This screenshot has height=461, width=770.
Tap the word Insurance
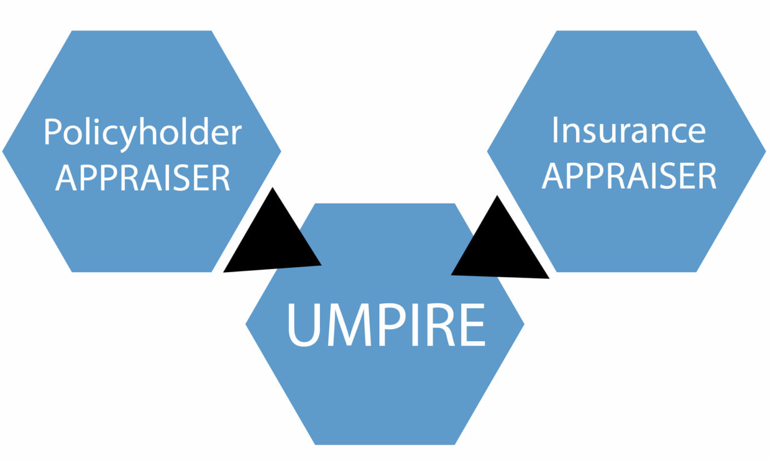pyautogui.click(x=629, y=131)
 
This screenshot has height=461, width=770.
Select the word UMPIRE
pyautogui.click(x=387, y=325)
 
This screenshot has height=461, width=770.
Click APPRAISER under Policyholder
pyautogui.click(x=142, y=177)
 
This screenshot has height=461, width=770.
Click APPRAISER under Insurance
pyautogui.click(x=629, y=175)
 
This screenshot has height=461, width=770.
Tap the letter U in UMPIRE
pyautogui.click(x=304, y=325)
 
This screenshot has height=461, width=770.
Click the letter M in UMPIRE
pyautogui.click(x=349, y=325)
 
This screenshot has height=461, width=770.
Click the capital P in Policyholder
pyautogui.click(x=53, y=132)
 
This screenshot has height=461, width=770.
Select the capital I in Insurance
pyautogui.click(x=555, y=130)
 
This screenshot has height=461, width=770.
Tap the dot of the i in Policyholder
pyautogui.click(x=96, y=121)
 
